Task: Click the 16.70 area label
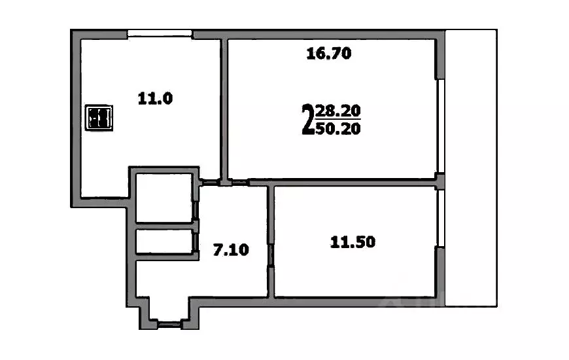329,54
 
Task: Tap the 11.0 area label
154,99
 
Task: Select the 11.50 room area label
353,242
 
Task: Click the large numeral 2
307,119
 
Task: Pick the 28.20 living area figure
337,111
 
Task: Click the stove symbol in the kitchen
101,118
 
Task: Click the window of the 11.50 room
441,219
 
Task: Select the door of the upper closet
196,209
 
